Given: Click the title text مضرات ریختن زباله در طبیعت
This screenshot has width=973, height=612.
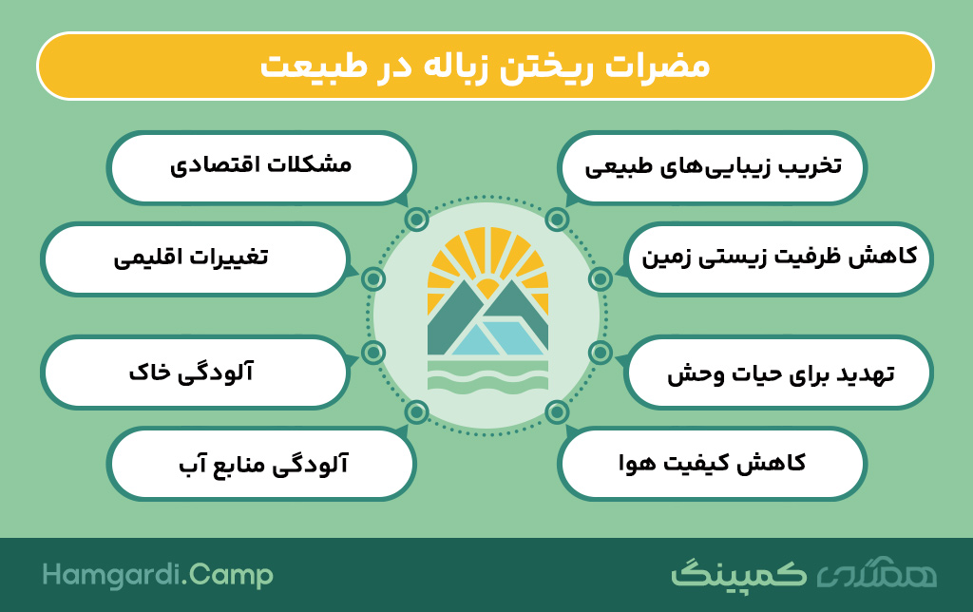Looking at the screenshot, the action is (485, 67).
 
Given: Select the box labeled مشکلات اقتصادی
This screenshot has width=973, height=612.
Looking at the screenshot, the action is (261, 167).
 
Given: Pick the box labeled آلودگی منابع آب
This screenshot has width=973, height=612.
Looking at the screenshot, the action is (261, 464).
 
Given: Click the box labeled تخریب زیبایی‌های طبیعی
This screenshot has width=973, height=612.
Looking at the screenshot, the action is (712, 167).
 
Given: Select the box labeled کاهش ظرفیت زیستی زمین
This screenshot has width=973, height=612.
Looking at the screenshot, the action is (778, 258).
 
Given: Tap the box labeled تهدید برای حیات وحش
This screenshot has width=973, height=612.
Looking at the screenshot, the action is (778, 373).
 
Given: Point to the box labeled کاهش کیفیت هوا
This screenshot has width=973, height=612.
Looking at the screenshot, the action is (712, 464).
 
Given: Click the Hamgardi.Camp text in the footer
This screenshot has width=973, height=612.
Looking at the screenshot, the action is (158, 575).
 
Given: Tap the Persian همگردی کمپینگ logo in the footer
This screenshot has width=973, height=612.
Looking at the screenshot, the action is (804, 574).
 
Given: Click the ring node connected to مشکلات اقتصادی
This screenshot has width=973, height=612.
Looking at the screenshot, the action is (417, 220).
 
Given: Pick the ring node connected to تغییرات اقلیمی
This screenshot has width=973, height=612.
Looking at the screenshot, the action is (373, 279).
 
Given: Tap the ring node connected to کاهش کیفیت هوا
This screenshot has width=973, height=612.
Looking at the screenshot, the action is (557, 412).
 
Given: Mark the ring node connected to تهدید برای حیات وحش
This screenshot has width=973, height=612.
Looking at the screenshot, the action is (601, 353).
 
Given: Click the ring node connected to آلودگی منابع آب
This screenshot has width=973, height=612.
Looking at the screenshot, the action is (417, 412).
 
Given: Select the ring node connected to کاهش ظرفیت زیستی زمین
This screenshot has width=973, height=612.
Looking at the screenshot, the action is (601, 279).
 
